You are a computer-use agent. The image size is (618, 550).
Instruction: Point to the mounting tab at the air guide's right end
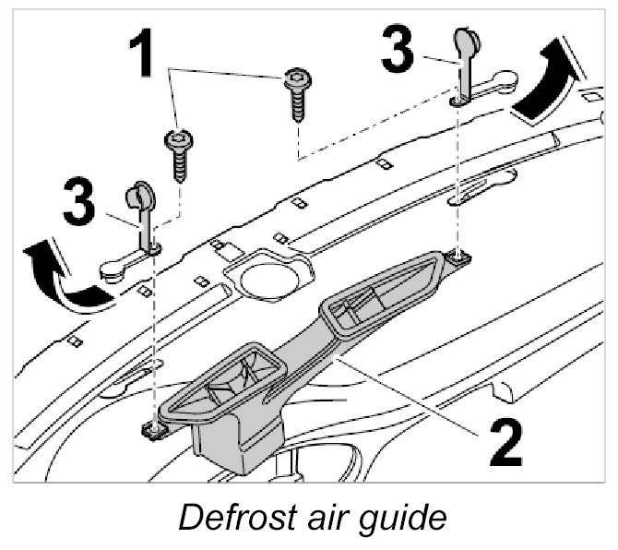point(458,258)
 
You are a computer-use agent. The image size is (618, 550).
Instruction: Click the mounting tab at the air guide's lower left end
point(154,428)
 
